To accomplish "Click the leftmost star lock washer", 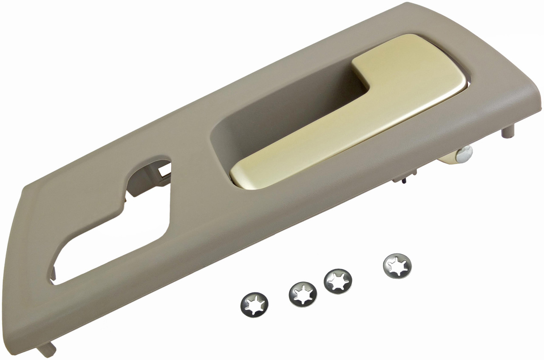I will (254, 304).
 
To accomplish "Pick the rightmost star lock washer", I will (397, 266).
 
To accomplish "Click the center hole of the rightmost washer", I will (397, 266).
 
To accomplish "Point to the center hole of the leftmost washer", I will (254, 304).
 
